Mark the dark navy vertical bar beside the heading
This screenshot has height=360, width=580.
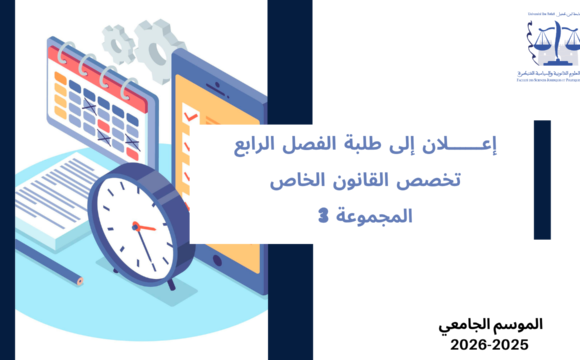tap(542, 180)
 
